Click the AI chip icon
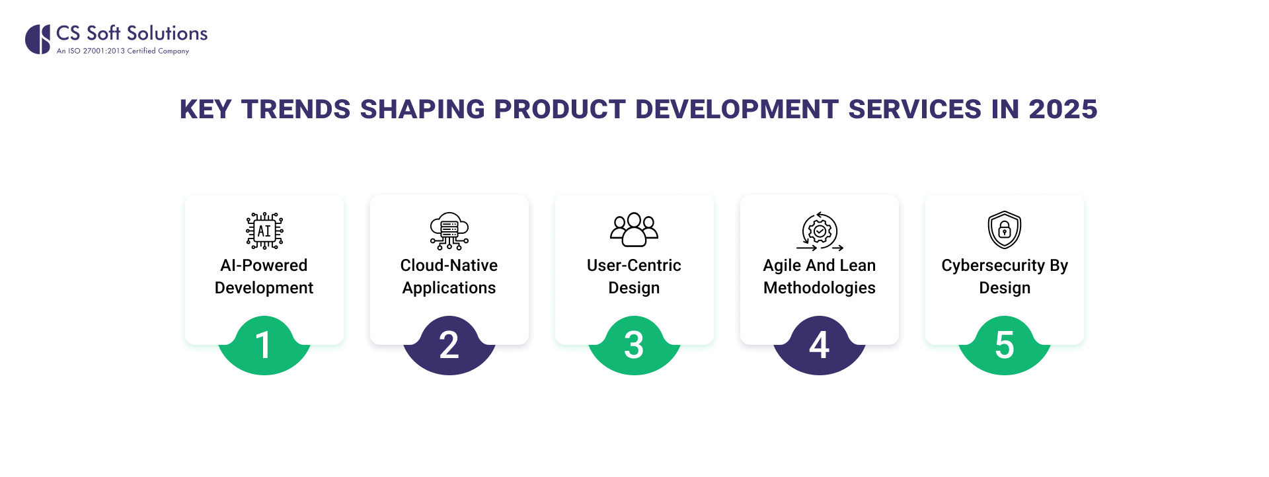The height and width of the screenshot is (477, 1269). click(264, 231)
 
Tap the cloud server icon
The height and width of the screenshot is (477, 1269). click(449, 231)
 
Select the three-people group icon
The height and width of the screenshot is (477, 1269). click(634, 229)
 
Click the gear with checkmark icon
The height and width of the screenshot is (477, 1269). click(820, 231)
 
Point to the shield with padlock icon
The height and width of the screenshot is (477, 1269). click(1004, 230)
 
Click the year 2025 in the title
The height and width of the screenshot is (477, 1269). click(1063, 110)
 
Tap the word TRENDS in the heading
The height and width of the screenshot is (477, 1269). click(295, 110)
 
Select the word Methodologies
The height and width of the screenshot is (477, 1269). click(819, 288)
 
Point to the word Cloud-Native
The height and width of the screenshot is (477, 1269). click(449, 266)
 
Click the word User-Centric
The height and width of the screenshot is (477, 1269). click(634, 266)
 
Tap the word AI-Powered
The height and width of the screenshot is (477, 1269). click(264, 266)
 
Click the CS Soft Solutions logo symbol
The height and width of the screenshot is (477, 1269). click(38, 39)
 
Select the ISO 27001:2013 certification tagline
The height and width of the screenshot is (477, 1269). click(123, 51)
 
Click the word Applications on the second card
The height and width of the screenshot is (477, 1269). click(449, 288)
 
